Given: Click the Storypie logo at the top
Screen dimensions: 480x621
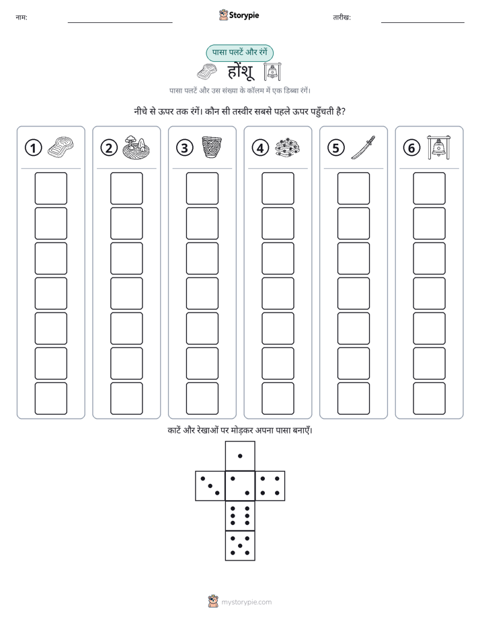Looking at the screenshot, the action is click(239, 15).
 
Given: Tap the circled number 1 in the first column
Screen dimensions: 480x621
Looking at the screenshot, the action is click(33, 148).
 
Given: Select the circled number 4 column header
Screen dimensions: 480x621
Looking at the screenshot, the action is click(260, 148).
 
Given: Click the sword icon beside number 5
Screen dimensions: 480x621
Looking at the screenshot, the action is click(363, 148).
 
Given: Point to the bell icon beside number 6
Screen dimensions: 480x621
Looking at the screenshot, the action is click(438, 147).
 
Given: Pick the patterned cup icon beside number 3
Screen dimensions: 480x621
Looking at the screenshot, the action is click(212, 147).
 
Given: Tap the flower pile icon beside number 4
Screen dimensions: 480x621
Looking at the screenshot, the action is click(288, 148).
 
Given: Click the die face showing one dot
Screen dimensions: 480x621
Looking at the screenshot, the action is click(240, 456).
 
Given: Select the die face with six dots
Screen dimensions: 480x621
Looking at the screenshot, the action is click(240, 516).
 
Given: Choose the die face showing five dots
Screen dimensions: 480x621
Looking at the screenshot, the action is click(240, 546).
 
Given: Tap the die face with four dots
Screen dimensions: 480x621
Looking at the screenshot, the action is click(270, 486).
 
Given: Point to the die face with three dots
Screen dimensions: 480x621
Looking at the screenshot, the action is click(210, 486).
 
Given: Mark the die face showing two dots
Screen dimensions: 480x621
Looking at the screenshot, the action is click(240, 486).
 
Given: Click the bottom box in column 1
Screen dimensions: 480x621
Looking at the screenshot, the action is click(50, 399).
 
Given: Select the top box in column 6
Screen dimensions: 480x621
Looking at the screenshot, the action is click(430, 188).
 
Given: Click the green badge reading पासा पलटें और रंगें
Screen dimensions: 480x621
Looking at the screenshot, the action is click(239, 52).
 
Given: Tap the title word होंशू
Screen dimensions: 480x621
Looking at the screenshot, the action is click(241, 72).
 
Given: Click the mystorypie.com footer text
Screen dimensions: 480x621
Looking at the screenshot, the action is click(246, 602).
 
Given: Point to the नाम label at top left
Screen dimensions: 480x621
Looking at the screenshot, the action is click(22, 17).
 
